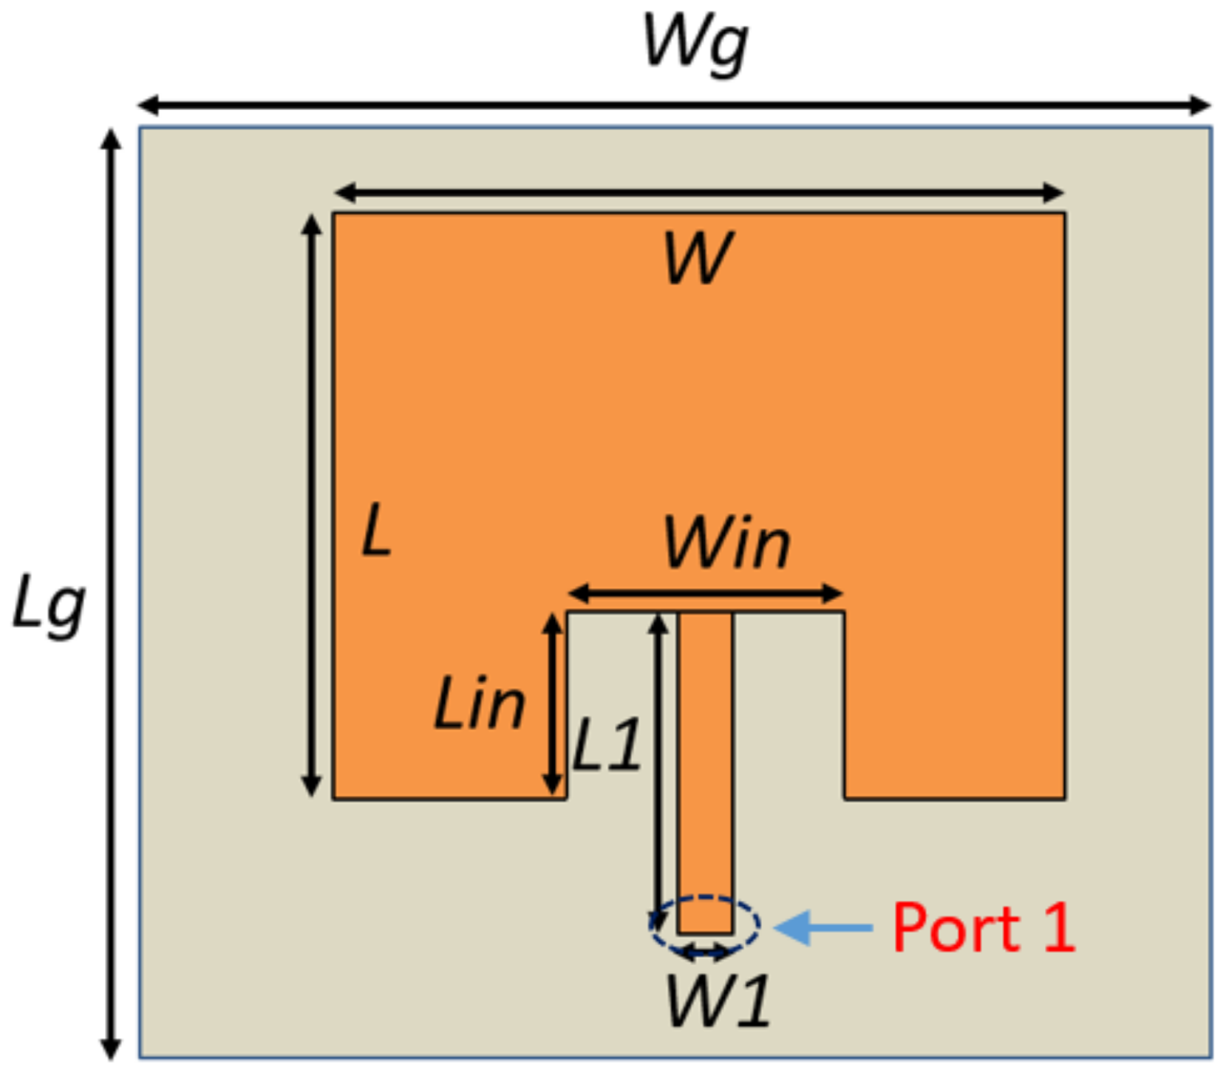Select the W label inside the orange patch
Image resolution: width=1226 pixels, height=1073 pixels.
698,258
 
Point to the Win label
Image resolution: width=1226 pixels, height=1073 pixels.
726,545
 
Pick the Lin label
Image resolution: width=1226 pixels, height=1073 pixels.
480,705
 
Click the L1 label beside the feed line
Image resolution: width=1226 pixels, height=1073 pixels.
607,746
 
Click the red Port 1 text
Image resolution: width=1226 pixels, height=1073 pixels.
983,928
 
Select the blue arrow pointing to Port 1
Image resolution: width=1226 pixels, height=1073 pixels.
824,927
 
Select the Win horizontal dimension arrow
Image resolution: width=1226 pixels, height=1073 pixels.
705,593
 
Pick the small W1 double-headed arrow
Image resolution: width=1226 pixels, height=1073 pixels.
706,953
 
